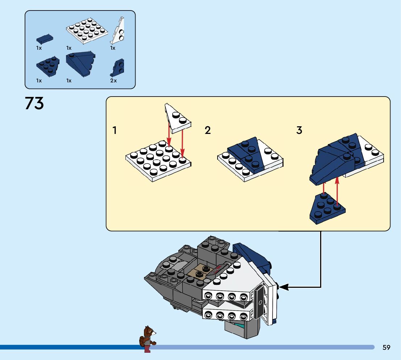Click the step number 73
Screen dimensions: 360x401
pos(34,103)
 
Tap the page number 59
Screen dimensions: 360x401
pos(386,347)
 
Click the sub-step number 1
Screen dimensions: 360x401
pos(115,130)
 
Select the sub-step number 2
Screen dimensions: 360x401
pos(207,130)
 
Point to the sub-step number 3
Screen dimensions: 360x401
pos(299,130)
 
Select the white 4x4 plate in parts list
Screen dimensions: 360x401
pos(87,31)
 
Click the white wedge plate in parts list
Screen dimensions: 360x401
pos(117,32)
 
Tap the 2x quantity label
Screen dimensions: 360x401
pos(113,81)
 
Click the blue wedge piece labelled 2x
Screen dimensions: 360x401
pos(118,67)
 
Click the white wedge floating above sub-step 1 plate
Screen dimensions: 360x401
pos(178,118)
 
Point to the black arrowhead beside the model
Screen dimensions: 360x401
pos(284,287)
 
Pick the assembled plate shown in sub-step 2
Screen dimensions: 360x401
pos(250,159)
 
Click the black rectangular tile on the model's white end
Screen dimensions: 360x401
pos(260,302)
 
